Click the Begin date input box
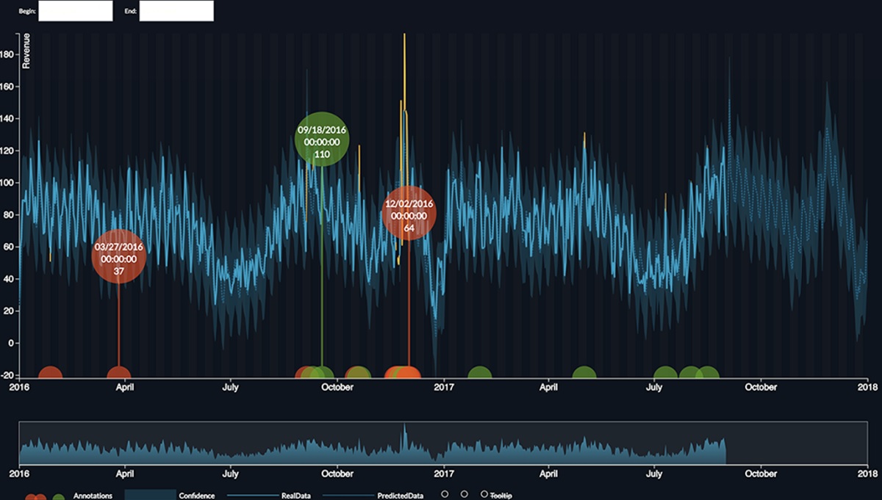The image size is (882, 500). pos(75,11)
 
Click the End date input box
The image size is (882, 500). pos(176,11)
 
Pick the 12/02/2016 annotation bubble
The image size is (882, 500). pos(409,214)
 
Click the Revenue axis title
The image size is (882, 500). pos(26,51)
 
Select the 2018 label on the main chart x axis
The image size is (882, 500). pos(868,387)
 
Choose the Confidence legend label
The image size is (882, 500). pos(197,496)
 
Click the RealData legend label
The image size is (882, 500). pos(295,496)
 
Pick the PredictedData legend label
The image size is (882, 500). pos(400,496)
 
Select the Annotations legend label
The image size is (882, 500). pos(93,496)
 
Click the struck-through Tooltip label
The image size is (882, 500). pos(501,496)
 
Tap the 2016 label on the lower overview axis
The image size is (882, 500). pos(19,474)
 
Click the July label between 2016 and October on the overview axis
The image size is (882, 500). pos(231,474)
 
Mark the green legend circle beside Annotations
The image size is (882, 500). pos(58,497)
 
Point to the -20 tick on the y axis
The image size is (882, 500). pos(9,375)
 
